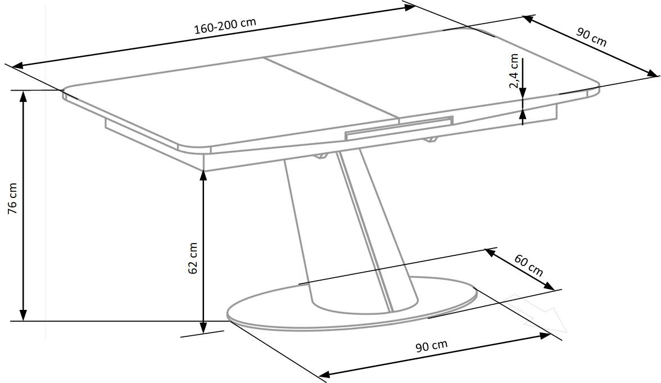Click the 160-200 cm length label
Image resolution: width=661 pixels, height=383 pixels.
[225, 26]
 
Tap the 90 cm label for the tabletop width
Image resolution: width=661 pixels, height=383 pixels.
[592, 37]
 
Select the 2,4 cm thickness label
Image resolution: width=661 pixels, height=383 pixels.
[514, 71]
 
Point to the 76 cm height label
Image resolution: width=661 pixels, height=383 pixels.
[13, 198]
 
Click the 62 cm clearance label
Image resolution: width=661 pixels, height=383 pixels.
[193, 258]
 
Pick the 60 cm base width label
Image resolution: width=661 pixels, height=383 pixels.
[528, 265]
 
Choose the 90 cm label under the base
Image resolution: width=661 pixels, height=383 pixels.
[431, 346]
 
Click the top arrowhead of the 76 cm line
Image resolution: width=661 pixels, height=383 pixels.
[24, 96]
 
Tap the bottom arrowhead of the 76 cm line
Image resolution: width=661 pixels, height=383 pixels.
[24, 315]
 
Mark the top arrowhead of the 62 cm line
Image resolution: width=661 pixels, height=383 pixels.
[203, 175]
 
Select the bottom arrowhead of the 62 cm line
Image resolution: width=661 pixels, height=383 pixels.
[203, 327]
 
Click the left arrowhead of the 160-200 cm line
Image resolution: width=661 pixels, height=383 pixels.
[18, 66]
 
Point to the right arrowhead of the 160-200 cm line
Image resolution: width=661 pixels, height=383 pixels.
[410, 8]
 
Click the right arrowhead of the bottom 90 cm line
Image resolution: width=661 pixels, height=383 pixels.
[545, 335]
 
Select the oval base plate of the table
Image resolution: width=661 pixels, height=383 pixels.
[352, 303]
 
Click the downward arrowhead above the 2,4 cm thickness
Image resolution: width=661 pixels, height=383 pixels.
[523, 93]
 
